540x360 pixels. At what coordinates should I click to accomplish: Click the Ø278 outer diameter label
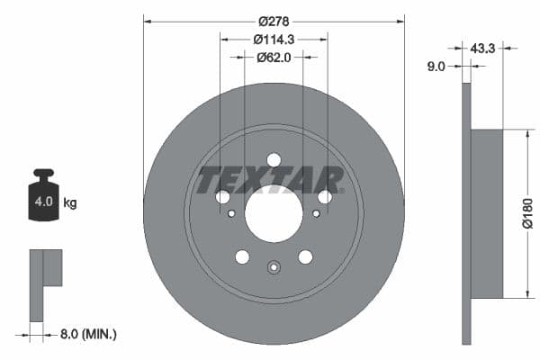coord(274,21)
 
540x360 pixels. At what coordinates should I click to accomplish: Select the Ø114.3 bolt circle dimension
coord(274,39)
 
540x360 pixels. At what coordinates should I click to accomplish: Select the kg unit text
coord(70,203)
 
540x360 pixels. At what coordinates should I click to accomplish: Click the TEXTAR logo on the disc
coord(271,179)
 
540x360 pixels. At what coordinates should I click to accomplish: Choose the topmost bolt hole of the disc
coord(274,159)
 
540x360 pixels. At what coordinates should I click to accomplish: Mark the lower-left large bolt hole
coord(242,257)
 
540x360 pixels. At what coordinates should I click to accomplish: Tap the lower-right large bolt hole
coord(306,257)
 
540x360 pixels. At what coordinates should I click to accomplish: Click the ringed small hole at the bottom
coord(274,266)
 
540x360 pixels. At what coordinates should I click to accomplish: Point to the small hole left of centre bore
coord(231,213)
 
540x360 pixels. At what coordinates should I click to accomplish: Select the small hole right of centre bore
coord(316,213)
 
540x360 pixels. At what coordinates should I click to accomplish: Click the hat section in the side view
coord(487,214)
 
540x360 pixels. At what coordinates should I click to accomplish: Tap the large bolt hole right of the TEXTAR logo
coord(325,197)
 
